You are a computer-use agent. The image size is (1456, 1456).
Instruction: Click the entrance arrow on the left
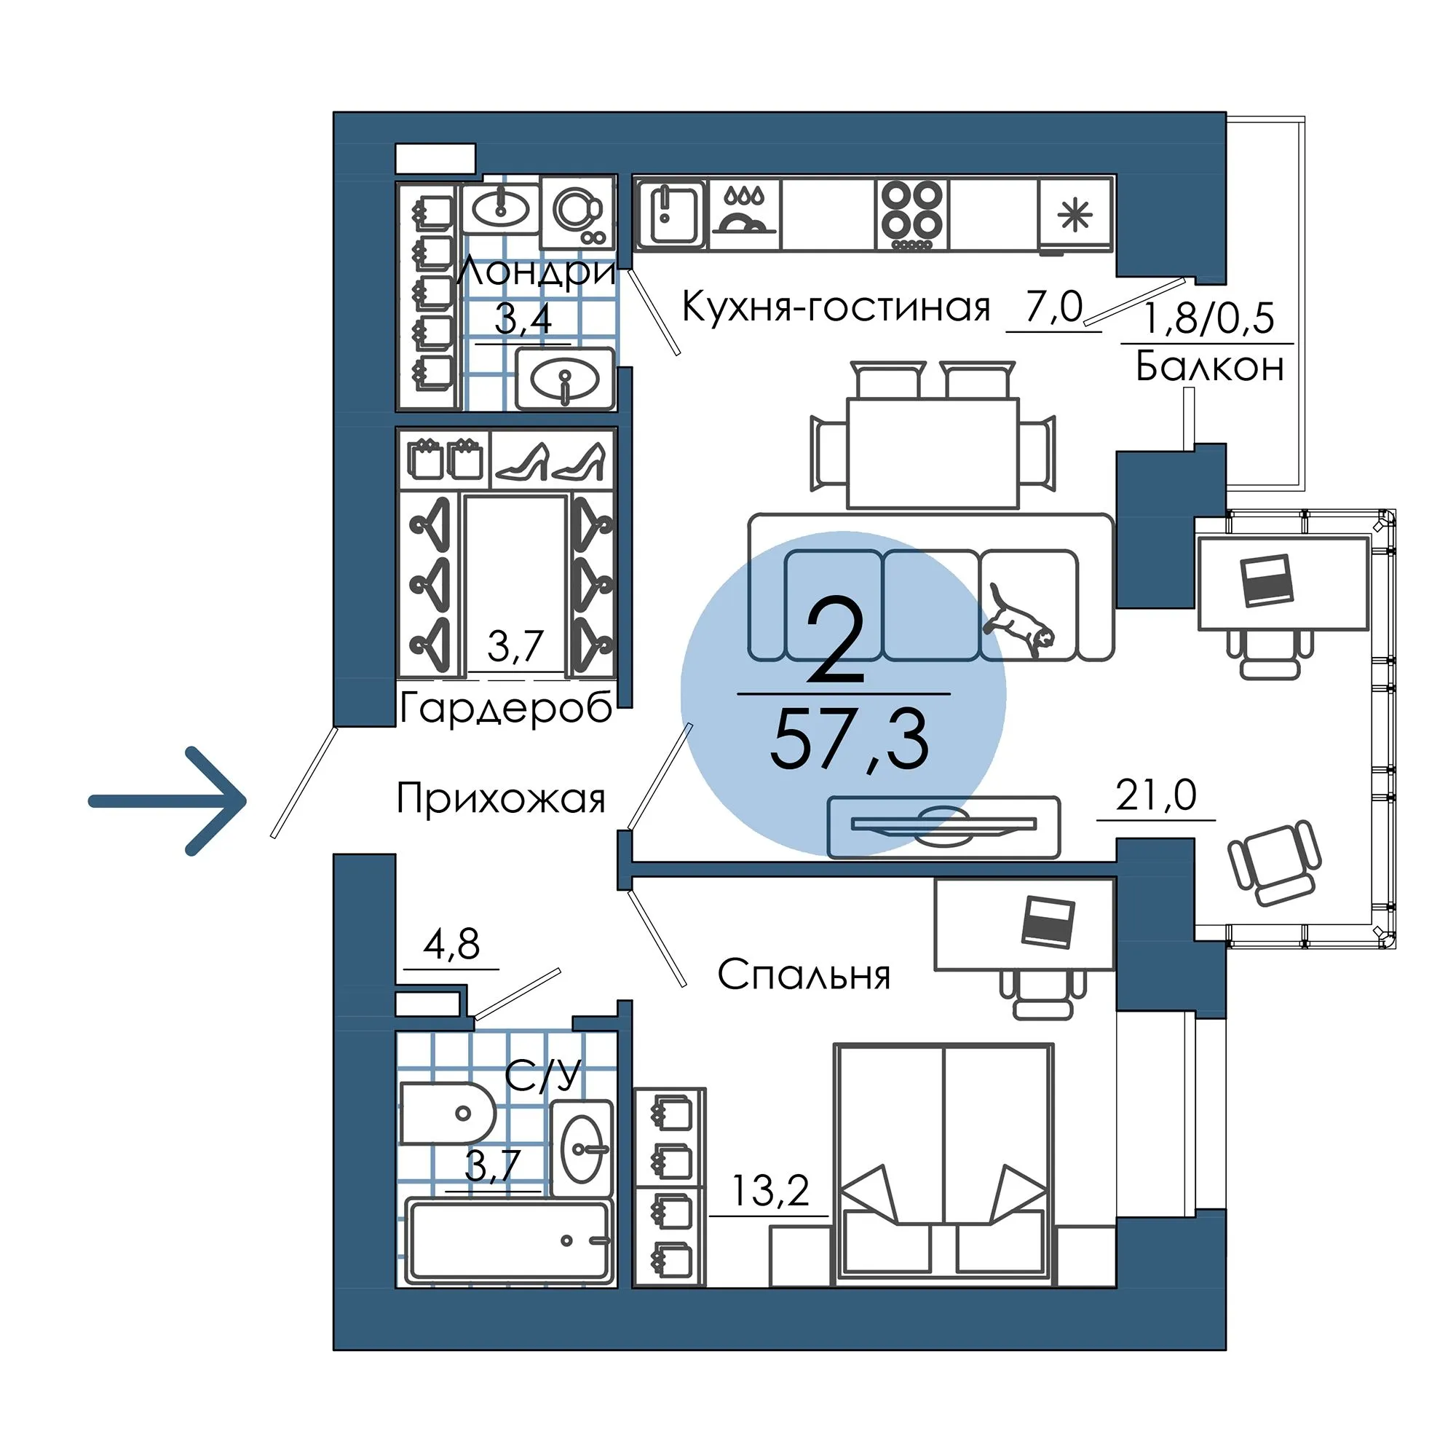click(x=167, y=800)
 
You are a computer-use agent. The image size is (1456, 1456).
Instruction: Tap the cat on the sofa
click(x=1018, y=620)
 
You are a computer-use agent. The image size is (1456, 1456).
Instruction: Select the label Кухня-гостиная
click(x=836, y=307)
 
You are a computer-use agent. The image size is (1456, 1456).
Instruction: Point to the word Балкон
click(x=1208, y=367)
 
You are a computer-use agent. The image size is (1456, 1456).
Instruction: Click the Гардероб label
click(x=506, y=709)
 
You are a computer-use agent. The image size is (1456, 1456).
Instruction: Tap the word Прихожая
click(x=501, y=798)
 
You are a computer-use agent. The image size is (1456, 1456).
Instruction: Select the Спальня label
click(x=804, y=975)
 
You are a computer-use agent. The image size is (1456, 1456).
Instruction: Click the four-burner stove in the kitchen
click(x=912, y=215)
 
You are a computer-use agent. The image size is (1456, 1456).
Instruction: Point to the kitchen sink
click(x=670, y=214)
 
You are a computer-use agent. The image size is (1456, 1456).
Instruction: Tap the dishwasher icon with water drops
click(x=744, y=213)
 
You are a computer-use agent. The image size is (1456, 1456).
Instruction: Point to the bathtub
click(x=509, y=1240)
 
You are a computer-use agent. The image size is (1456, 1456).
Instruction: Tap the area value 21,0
click(x=1156, y=795)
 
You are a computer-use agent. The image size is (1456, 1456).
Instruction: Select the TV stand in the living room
click(x=943, y=827)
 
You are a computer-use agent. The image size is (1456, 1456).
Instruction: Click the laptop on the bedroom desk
click(x=1048, y=921)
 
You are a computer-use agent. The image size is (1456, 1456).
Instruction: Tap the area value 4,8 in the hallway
click(x=451, y=943)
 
